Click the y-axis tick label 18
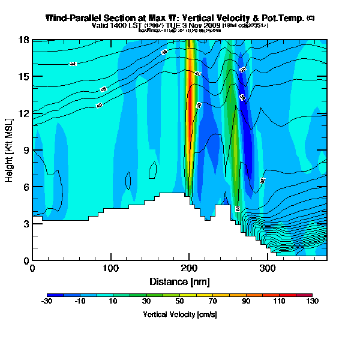click(x=24, y=40)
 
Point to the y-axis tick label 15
click(x=24, y=77)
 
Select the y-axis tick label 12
click(x=24, y=113)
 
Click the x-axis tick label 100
click(x=111, y=269)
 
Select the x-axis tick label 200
click(x=189, y=269)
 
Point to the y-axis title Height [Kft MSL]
click(x=10, y=151)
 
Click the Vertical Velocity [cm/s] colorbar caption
click(x=179, y=314)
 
